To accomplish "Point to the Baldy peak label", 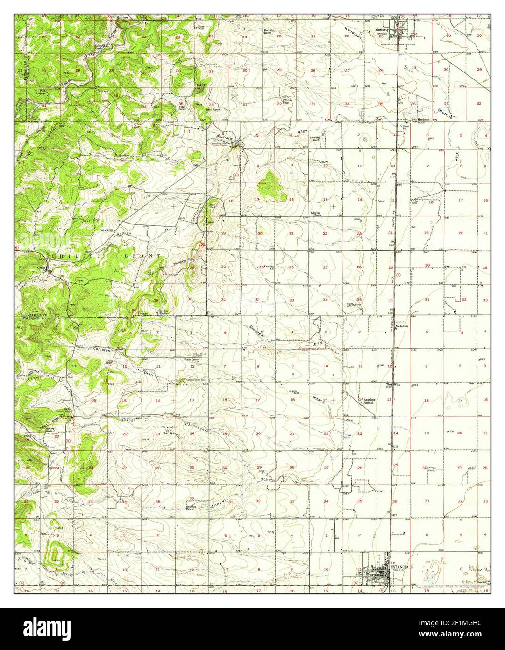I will tap(201, 85).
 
